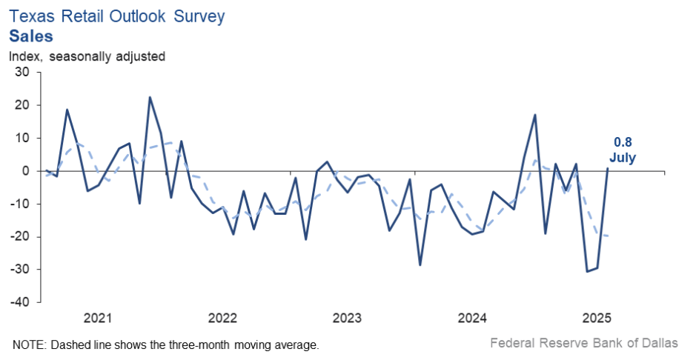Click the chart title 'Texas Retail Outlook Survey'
tap(116, 16)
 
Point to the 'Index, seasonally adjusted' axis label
tap(87, 56)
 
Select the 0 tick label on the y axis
tap(25, 171)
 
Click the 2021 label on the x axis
tap(98, 319)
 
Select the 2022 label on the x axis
tap(222, 319)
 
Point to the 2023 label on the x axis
tap(347, 319)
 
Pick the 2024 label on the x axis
tap(472, 319)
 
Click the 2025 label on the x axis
tap(597, 319)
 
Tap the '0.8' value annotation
tap(622, 142)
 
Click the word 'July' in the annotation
tap(623, 157)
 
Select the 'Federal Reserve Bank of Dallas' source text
tap(583, 344)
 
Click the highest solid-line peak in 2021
tap(150, 97)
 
